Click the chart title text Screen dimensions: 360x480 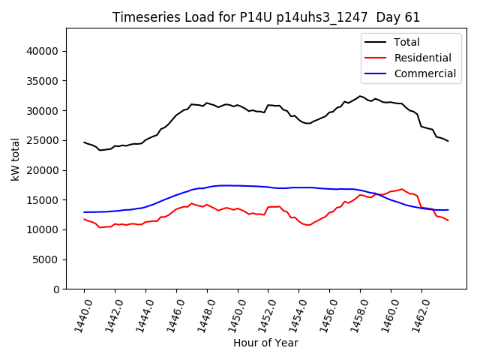point(266,17)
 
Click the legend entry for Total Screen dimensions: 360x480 point(406,42)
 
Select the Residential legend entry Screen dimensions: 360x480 point(422,58)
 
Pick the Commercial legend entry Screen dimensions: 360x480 point(424,73)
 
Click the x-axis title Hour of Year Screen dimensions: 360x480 point(265,343)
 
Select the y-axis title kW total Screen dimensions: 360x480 point(15,159)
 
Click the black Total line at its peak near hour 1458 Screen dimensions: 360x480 point(360,96)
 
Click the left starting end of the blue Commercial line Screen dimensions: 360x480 point(84,212)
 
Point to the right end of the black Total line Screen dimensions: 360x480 point(448,141)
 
